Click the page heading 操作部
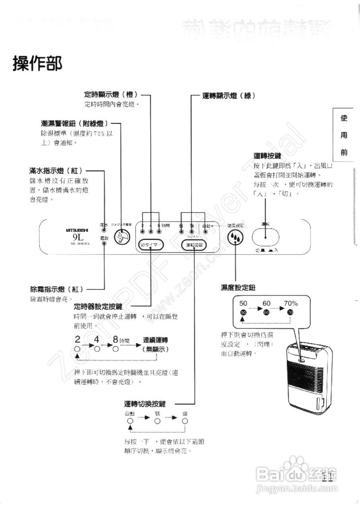(37, 63)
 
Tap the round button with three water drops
(235, 238)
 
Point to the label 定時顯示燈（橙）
(111, 95)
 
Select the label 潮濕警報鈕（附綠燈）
(74, 124)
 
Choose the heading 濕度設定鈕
(238, 287)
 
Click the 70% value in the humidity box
(290, 303)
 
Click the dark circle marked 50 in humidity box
(243, 313)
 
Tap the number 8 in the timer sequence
(115, 340)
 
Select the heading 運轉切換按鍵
(145, 404)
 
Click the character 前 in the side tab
(344, 152)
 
